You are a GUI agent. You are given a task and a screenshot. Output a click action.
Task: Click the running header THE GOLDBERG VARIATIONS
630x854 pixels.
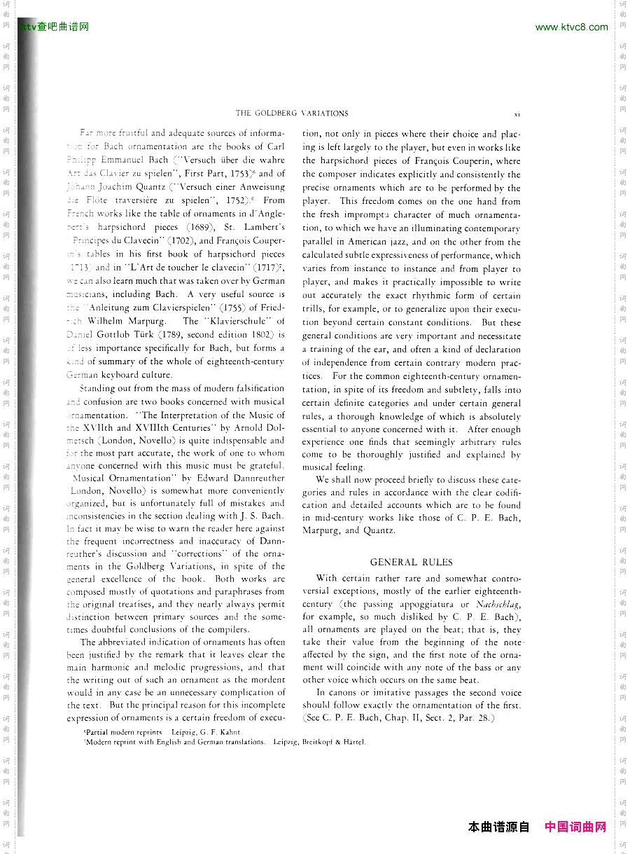coord(292,113)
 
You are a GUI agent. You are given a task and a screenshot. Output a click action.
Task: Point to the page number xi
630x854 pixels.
coord(517,113)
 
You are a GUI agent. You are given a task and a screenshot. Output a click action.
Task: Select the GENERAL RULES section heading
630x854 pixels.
coord(411,562)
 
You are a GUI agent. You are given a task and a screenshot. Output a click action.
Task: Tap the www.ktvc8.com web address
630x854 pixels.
coord(571,27)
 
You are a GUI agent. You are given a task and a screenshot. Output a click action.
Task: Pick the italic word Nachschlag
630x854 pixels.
coord(498,604)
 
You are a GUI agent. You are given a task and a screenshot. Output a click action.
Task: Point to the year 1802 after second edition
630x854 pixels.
coord(262,335)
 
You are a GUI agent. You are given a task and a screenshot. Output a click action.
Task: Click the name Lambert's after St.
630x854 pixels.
coord(265,227)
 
